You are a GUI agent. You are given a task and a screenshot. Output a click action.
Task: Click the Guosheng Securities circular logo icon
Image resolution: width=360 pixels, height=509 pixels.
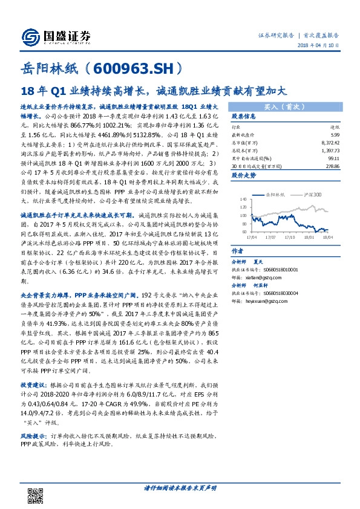30,37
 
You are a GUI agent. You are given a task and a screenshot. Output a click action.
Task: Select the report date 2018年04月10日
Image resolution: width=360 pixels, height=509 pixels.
322,48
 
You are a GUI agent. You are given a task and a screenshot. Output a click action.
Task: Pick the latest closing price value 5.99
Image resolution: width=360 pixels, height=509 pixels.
335,135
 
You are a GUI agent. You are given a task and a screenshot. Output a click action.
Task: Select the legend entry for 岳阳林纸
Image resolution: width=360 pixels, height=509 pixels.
277,195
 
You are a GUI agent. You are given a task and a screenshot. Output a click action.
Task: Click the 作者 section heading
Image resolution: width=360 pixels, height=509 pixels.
238,251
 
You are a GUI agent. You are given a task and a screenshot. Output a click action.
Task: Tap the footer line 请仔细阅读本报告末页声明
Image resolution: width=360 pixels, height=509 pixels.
180,487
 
